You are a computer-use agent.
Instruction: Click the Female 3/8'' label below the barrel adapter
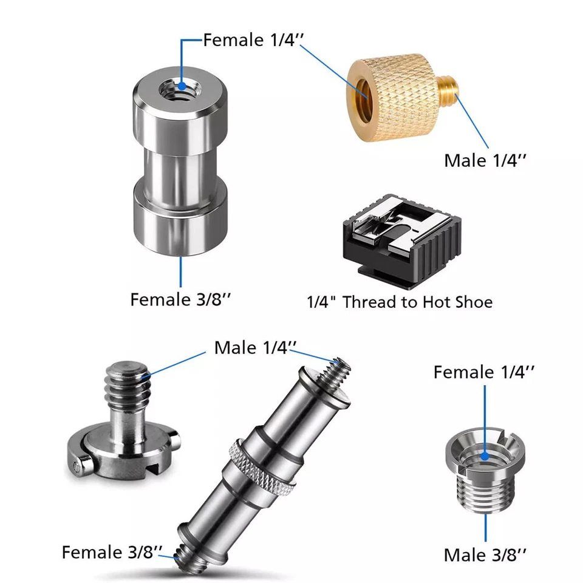[x=180, y=299]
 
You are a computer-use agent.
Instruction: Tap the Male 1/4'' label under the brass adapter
[x=485, y=160]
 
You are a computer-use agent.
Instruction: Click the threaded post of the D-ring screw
[x=128, y=386]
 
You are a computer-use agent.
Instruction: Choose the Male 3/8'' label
[x=485, y=554]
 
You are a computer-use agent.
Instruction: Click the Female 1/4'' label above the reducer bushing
[x=485, y=372]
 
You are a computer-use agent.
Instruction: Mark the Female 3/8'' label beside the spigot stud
[x=112, y=552]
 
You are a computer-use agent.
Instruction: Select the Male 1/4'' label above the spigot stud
[x=255, y=348]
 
